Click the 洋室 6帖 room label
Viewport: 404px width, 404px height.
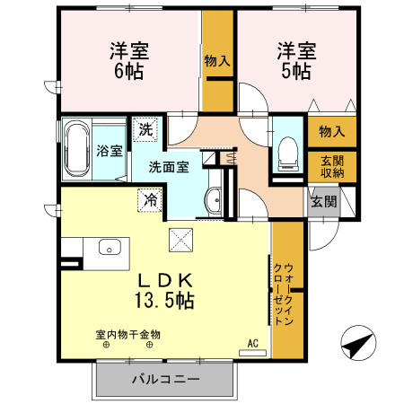coord(127,61)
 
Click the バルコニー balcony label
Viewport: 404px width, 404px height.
coord(166,380)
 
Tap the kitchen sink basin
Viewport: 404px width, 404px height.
coord(110,247)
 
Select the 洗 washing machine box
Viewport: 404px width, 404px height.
coord(145,129)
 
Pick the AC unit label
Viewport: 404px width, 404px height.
coord(252,343)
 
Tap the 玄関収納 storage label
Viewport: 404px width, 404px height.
coord(332,166)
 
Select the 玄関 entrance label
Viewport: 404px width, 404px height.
coord(324,201)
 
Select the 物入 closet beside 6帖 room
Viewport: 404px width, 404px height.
coord(216,61)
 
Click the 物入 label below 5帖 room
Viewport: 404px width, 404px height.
coord(332,131)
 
